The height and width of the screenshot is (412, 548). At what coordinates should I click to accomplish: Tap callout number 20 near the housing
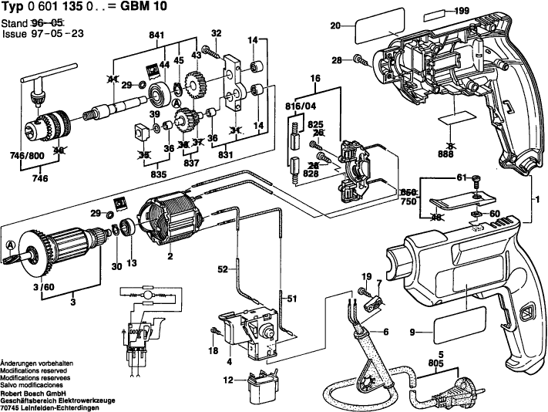(335, 26)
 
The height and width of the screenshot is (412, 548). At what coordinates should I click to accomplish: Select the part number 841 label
(156, 36)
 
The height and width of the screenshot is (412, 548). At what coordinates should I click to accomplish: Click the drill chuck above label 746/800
(48, 123)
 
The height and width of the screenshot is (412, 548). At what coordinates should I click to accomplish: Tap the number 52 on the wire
(223, 269)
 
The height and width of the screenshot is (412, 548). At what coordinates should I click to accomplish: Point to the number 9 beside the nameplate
(412, 333)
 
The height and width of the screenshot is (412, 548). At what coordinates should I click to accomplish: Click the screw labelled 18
(213, 332)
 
